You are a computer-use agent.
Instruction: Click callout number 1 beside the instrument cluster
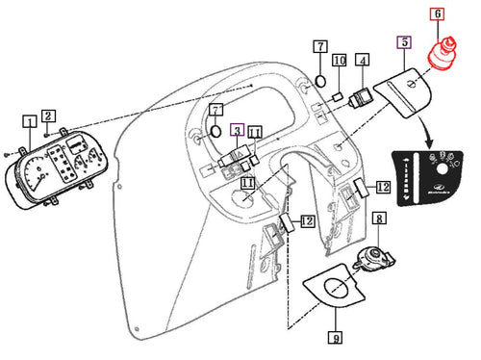pos(31,121)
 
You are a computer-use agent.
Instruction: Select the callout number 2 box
pos(49,116)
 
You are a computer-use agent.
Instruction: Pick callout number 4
pos(362,61)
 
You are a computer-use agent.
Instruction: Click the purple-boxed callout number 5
pos(404,42)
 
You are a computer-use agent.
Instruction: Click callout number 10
pos(339,62)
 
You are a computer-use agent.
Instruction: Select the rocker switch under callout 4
pos(362,95)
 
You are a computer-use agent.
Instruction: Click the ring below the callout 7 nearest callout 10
pos(319,80)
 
